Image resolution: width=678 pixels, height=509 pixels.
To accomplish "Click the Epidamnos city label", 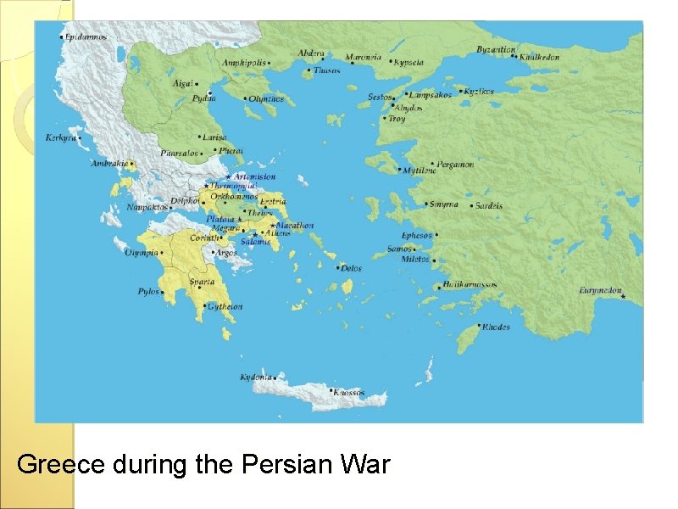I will (86, 37).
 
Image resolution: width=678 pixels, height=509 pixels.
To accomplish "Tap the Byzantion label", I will (495, 50).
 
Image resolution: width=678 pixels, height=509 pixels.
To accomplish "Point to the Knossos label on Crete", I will (348, 393).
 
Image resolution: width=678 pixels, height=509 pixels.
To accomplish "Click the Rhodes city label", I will (496, 327).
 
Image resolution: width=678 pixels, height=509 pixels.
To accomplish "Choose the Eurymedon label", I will (600, 290).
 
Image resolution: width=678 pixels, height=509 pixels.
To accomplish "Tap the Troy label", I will (397, 119).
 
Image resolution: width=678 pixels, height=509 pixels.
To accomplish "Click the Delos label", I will (351, 268).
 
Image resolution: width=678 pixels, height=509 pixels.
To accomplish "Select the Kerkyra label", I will (60, 137).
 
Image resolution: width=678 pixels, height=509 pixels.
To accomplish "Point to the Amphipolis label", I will (243, 63).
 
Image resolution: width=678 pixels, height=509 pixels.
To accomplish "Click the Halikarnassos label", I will (470, 286).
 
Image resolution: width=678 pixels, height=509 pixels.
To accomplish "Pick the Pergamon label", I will (456, 165).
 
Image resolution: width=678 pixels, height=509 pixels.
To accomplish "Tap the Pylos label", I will (148, 292).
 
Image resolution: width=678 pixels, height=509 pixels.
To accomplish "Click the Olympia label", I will (142, 253).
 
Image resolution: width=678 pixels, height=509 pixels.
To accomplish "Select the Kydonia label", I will (256, 377).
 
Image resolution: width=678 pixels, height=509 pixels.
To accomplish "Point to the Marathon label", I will (294, 226).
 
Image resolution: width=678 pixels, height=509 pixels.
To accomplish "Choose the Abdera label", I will (310, 53).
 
